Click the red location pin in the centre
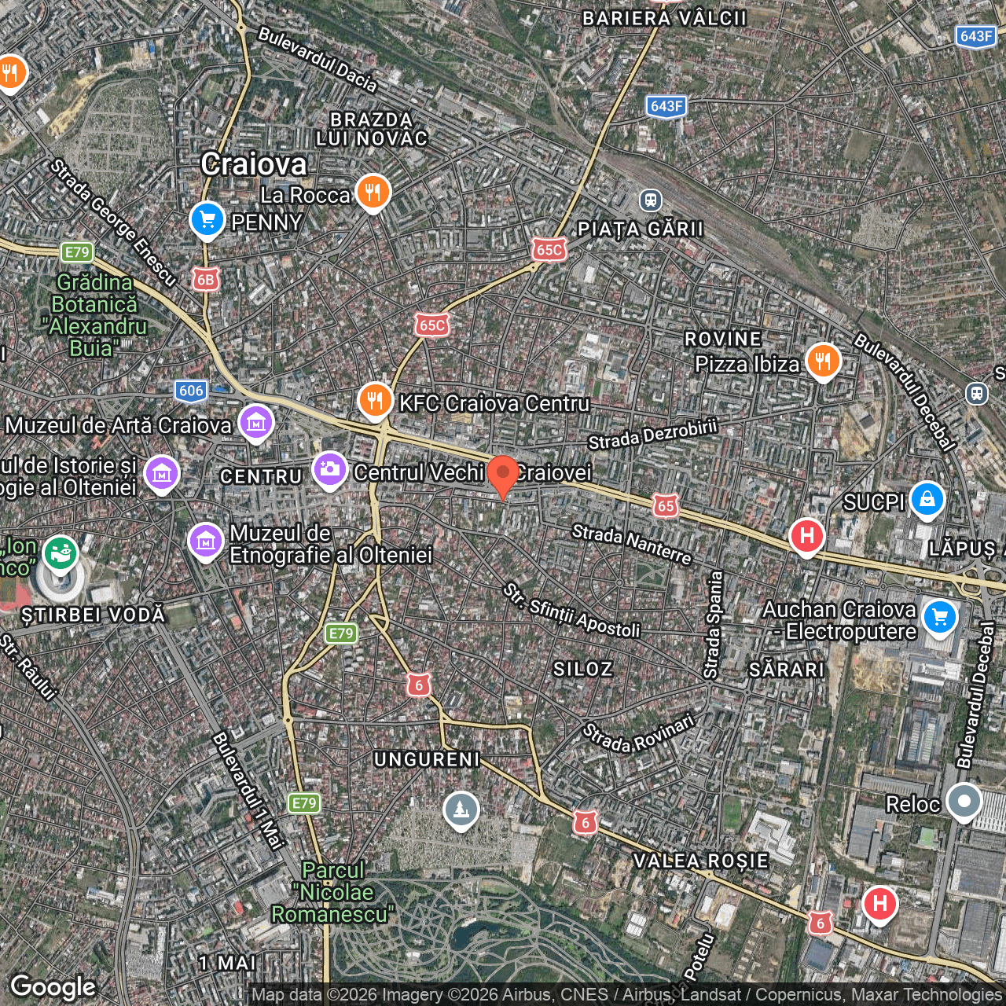tap(503, 475)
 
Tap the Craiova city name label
tap(254, 164)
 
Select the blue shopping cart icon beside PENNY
tap(207, 219)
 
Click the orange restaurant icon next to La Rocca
tap(373, 191)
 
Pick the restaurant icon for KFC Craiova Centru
tap(376, 401)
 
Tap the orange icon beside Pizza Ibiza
tap(823, 362)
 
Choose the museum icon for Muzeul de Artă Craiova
tap(255, 424)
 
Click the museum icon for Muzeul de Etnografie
tap(206, 542)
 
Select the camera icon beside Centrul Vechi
tap(330, 470)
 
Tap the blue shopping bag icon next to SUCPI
tap(927, 500)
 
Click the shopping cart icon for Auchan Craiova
tap(940, 617)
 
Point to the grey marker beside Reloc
tap(964, 802)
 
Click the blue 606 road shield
tap(191, 391)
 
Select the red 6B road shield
tap(205, 280)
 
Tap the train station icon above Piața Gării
tap(650, 200)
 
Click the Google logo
tap(53, 986)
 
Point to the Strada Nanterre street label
tap(632, 544)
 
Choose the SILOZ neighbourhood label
tap(582, 669)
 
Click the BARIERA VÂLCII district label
tap(664, 19)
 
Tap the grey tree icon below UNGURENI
tap(461, 810)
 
